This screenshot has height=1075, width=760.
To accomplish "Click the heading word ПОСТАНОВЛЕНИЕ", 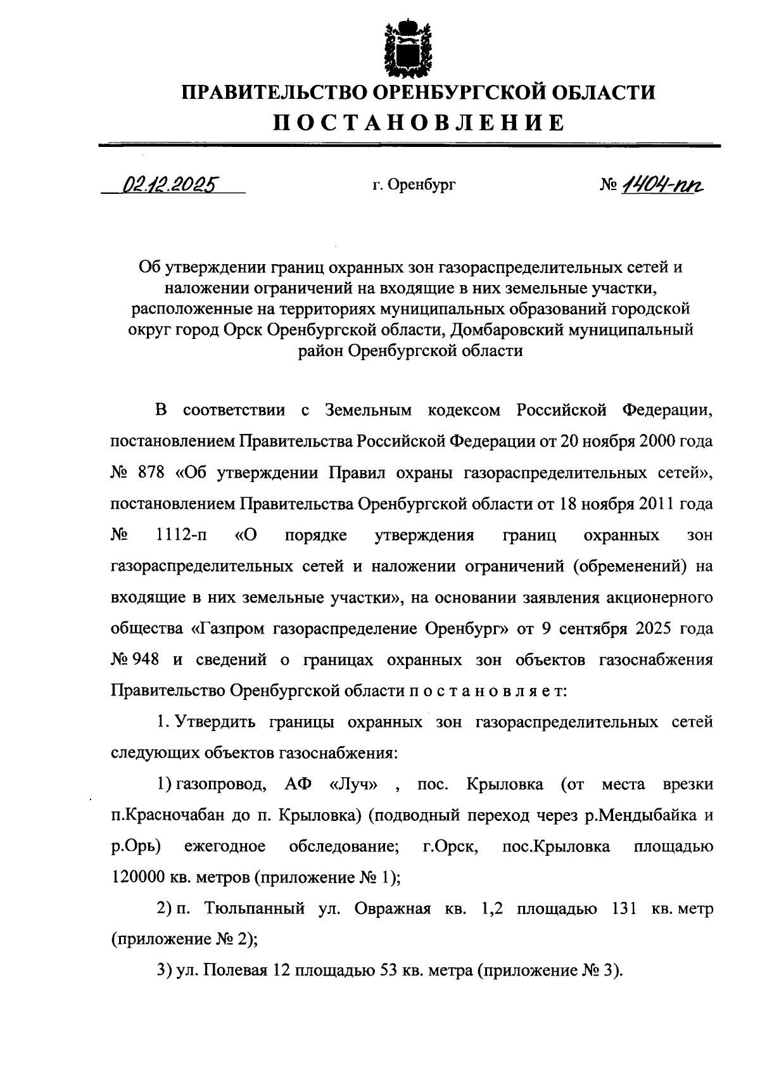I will (418, 122).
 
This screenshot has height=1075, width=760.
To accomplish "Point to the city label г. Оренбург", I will (414, 185).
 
